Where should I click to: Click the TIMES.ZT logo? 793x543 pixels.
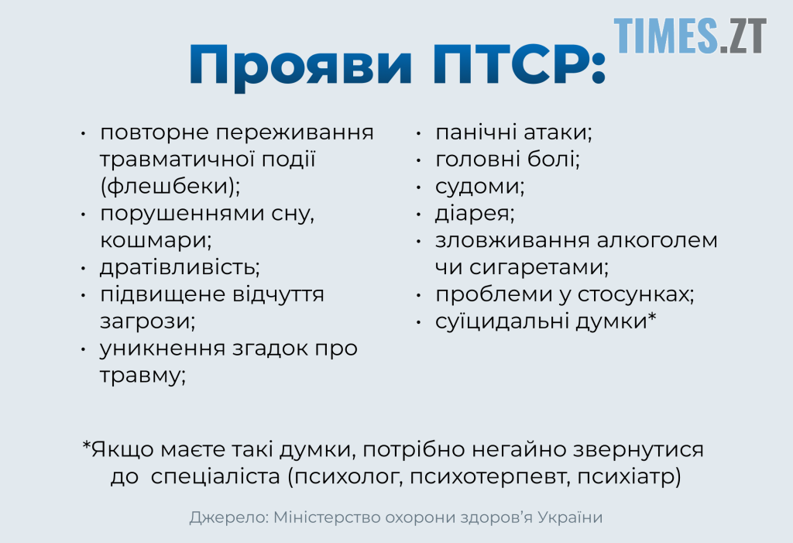(690, 36)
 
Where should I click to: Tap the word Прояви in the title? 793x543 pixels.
(300, 67)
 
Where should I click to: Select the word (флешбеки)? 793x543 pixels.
(170, 186)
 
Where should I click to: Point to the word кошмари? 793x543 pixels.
(155, 240)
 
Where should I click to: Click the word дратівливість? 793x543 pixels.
(180, 266)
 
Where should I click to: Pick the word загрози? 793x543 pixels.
(147, 321)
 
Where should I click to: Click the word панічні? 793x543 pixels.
(476, 132)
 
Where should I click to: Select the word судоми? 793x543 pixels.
(479, 186)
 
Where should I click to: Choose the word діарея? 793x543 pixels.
(475, 213)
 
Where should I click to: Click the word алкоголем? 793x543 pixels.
(657, 240)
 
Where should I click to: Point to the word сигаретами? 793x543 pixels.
(539, 267)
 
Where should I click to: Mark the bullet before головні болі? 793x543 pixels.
(419, 160)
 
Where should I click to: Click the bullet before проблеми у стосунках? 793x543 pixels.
(419, 295)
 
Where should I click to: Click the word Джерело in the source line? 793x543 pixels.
(229, 517)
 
